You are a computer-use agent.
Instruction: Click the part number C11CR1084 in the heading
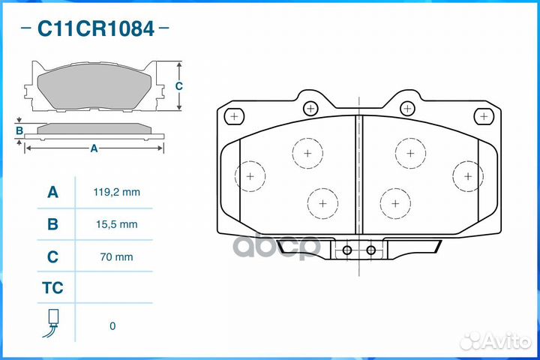click(96, 29)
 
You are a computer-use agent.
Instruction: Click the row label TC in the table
click(52, 288)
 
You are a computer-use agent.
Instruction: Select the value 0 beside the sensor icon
click(112, 325)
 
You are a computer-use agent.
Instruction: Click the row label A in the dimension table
click(52, 192)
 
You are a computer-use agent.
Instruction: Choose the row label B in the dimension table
click(52, 223)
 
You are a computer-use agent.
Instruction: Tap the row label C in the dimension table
click(52, 256)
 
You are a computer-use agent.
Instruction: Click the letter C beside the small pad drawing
click(178, 86)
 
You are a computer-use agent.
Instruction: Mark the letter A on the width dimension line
click(94, 148)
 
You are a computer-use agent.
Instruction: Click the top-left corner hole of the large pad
click(235, 116)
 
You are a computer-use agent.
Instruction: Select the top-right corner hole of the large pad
click(485, 116)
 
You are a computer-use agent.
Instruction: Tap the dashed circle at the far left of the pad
click(250, 176)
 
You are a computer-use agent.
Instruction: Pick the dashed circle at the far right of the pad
click(467, 176)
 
